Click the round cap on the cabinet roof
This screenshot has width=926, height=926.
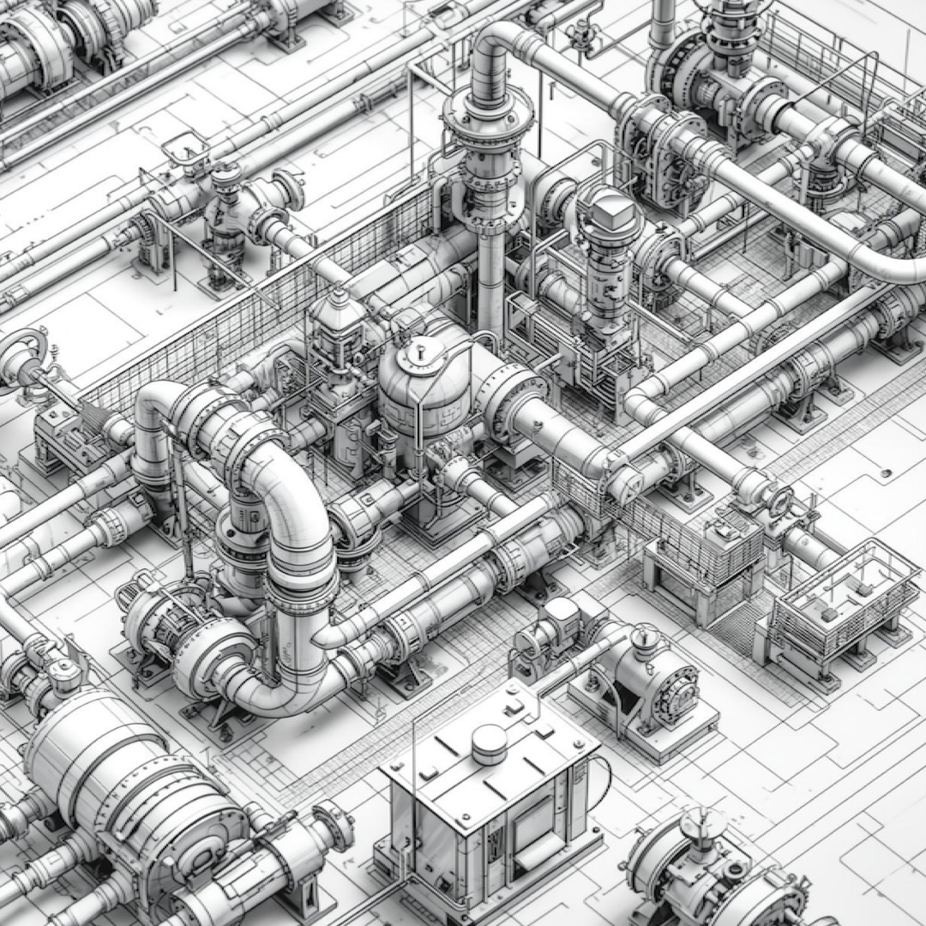(490, 742)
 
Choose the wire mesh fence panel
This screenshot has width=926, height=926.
(257, 317)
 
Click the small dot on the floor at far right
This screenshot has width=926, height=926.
(885, 472)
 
